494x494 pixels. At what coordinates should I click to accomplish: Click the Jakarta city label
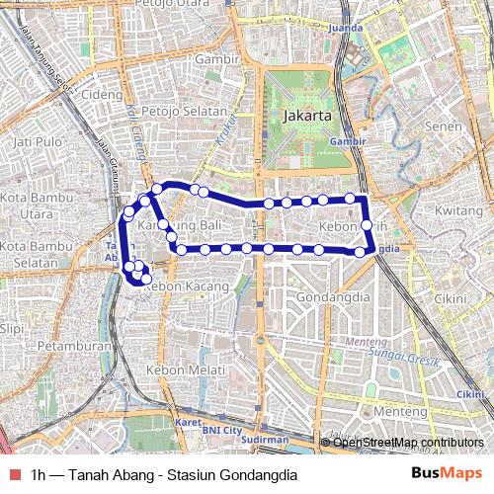(x=304, y=116)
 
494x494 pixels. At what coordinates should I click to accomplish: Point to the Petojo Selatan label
(x=185, y=111)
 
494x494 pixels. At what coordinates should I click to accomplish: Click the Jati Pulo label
(x=36, y=142)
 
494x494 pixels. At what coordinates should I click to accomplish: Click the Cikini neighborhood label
(x=450, y=298)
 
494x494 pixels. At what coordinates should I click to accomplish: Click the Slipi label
(x=12, y=328)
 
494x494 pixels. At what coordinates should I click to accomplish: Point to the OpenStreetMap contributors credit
(x=408, y=442)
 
